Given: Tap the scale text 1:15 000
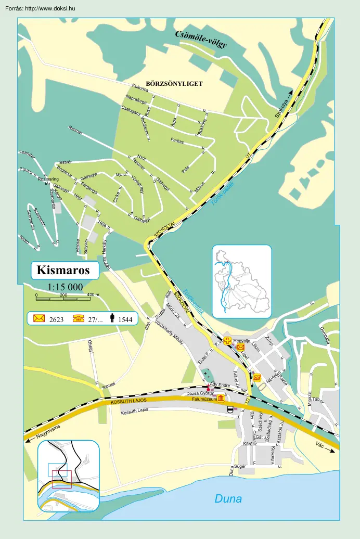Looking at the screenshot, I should pos(65,287).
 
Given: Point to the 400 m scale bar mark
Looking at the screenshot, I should pos(93,296).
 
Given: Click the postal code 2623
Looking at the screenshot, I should pos(56,319).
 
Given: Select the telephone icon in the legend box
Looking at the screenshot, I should pos(79,318).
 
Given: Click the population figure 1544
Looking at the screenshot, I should pos(126,319).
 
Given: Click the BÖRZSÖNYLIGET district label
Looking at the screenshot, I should pos(174,83).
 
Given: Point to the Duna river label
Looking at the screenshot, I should pos(228,499).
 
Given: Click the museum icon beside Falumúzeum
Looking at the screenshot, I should pos(221,399).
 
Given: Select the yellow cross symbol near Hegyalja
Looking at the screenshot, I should pos(228,341).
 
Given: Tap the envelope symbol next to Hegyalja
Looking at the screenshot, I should pos(240,346).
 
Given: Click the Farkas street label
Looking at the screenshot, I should pos(177,140).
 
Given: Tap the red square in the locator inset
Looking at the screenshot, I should pos(61,479).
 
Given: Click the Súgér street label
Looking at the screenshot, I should pos(240,466).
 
